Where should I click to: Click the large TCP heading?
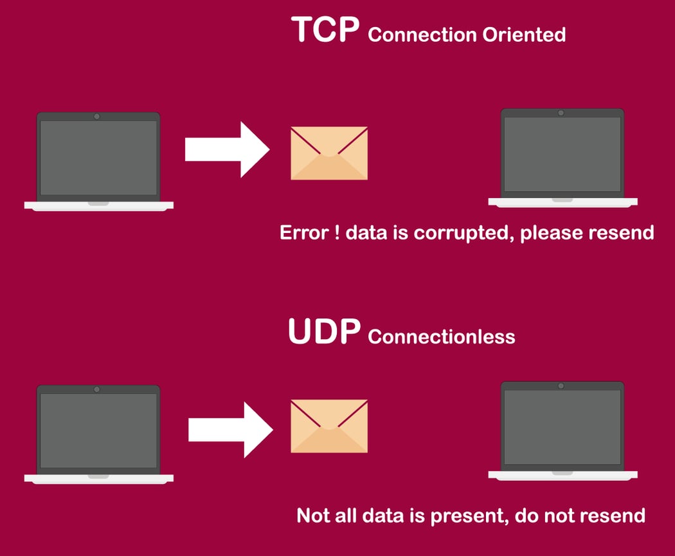325,30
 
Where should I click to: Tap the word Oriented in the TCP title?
524,35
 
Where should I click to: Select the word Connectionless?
441,337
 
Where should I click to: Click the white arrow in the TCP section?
228,149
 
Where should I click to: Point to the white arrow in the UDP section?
231,430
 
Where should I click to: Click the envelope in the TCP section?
329,153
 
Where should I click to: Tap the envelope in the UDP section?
329,426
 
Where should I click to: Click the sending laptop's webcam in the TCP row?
97,116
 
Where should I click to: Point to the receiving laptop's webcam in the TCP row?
561,113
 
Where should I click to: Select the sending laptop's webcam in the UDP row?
97,389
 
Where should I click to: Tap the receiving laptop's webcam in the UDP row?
561,385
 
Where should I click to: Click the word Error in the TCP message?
304,233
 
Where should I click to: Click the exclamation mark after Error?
337,233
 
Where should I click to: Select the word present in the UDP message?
467,516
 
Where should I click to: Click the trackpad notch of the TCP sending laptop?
98,203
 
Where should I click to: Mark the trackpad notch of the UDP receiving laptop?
562,473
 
